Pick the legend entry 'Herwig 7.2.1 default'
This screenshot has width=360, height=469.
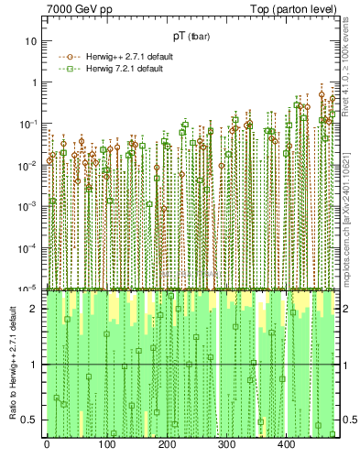pos(120,69)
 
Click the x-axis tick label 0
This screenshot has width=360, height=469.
pos(47,444)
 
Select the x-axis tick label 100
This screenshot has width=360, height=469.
pos(106,444)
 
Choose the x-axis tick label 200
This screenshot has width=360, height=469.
pos(167,444)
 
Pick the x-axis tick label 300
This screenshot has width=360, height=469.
pos(226,444)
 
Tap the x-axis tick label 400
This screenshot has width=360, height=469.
pos(286,444)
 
